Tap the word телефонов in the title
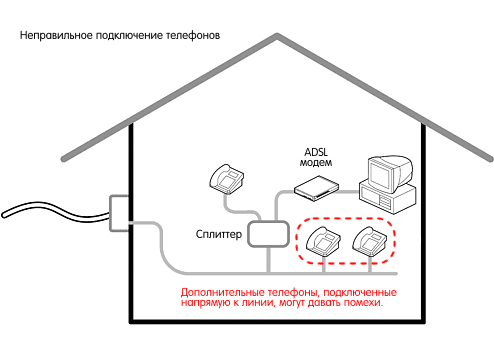click(193, 36)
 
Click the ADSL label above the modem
click(317, 151)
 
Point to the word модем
click(317, 163)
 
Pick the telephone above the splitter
click(226, 178)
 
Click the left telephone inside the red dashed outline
click(322, 241)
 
